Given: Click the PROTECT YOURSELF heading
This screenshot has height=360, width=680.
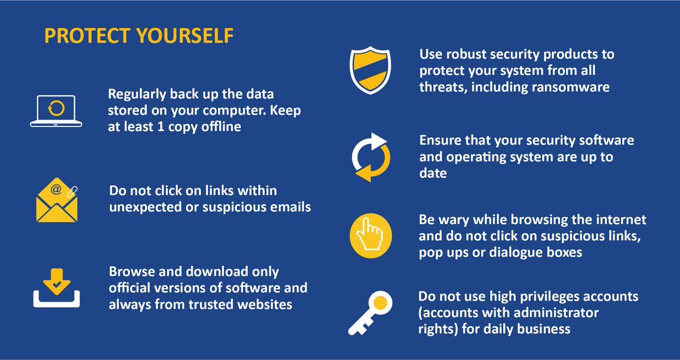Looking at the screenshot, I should (139, 36).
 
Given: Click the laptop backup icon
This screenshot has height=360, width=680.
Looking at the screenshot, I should (56, 110).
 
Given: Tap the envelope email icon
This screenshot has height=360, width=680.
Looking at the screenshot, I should (56, 202).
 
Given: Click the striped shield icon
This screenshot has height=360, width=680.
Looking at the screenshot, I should (369, 71).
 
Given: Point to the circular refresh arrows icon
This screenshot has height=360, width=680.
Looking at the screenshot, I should (371, 157).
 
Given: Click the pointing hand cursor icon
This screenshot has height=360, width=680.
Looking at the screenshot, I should (371, 234).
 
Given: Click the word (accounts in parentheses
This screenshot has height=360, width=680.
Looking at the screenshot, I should (448, 312).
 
